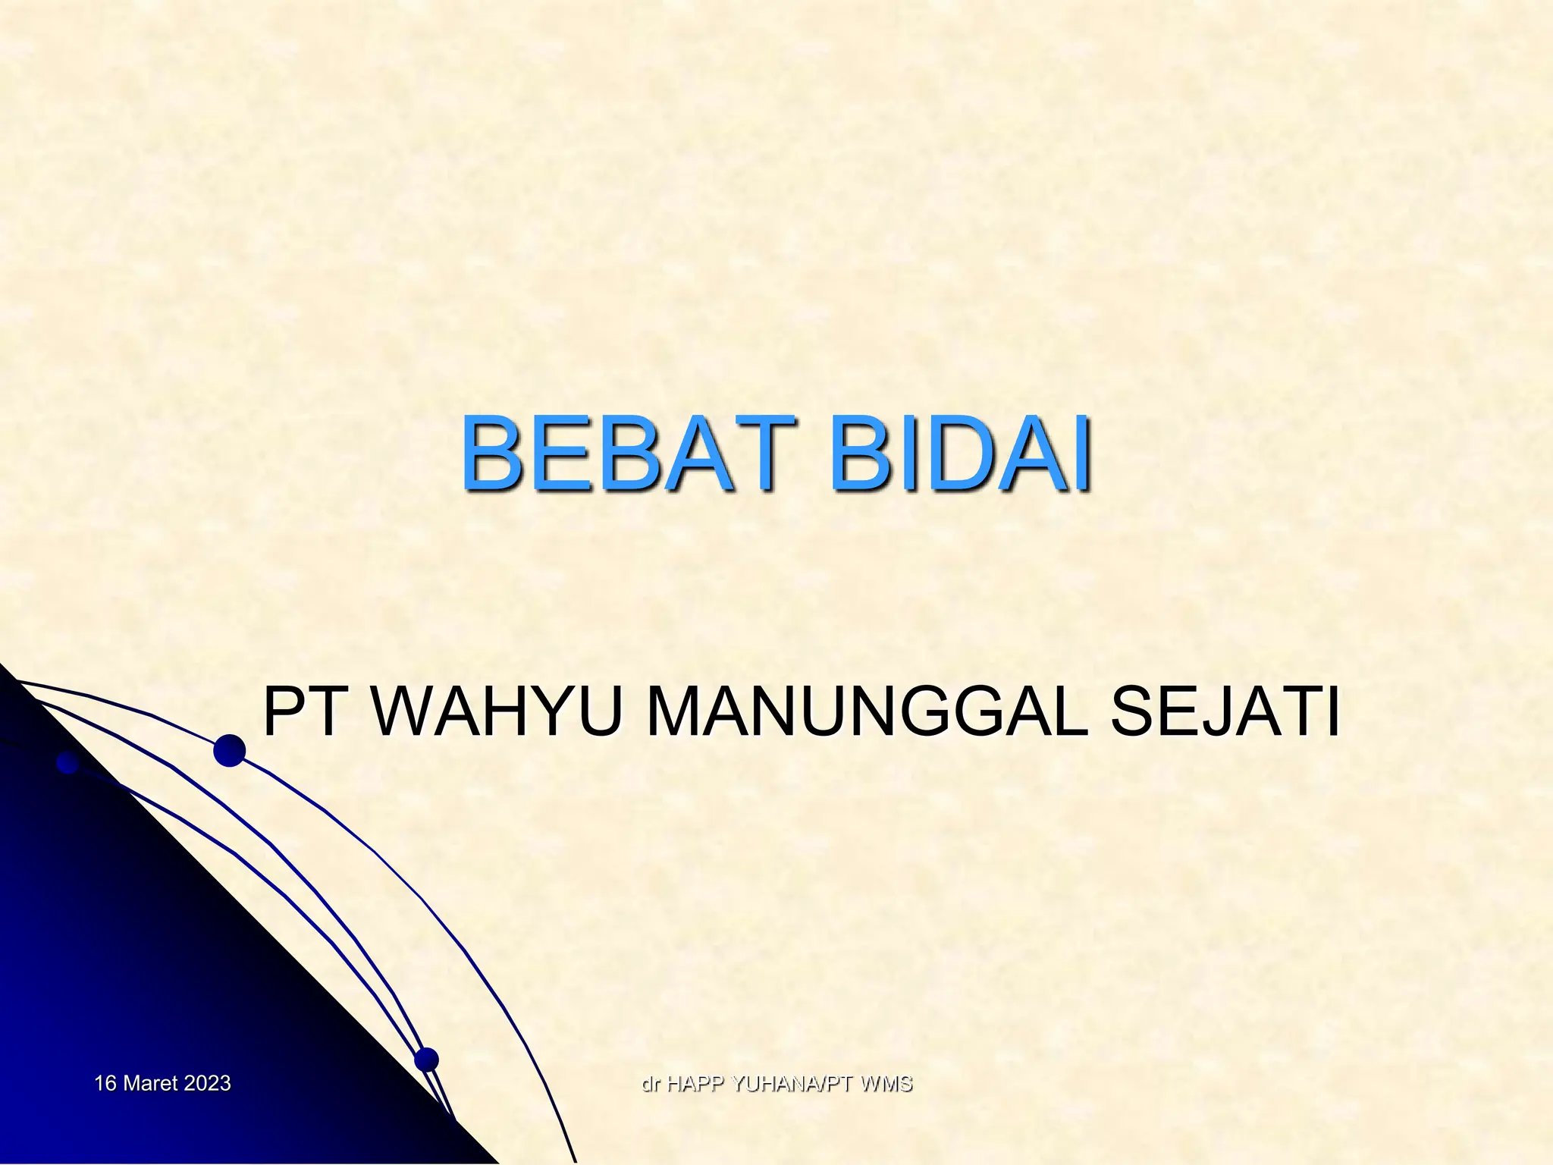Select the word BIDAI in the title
(x=961, y=454)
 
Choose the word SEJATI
(x=1225, y=712)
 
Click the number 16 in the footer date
(x=105, y=1083)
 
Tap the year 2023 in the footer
(x=207, y=1083)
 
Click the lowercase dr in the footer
(x=651, y=1084)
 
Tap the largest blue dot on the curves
(x=229, y=750)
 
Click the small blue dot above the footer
(x=426, y=1059)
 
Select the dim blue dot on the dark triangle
(x=67, y=763)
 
